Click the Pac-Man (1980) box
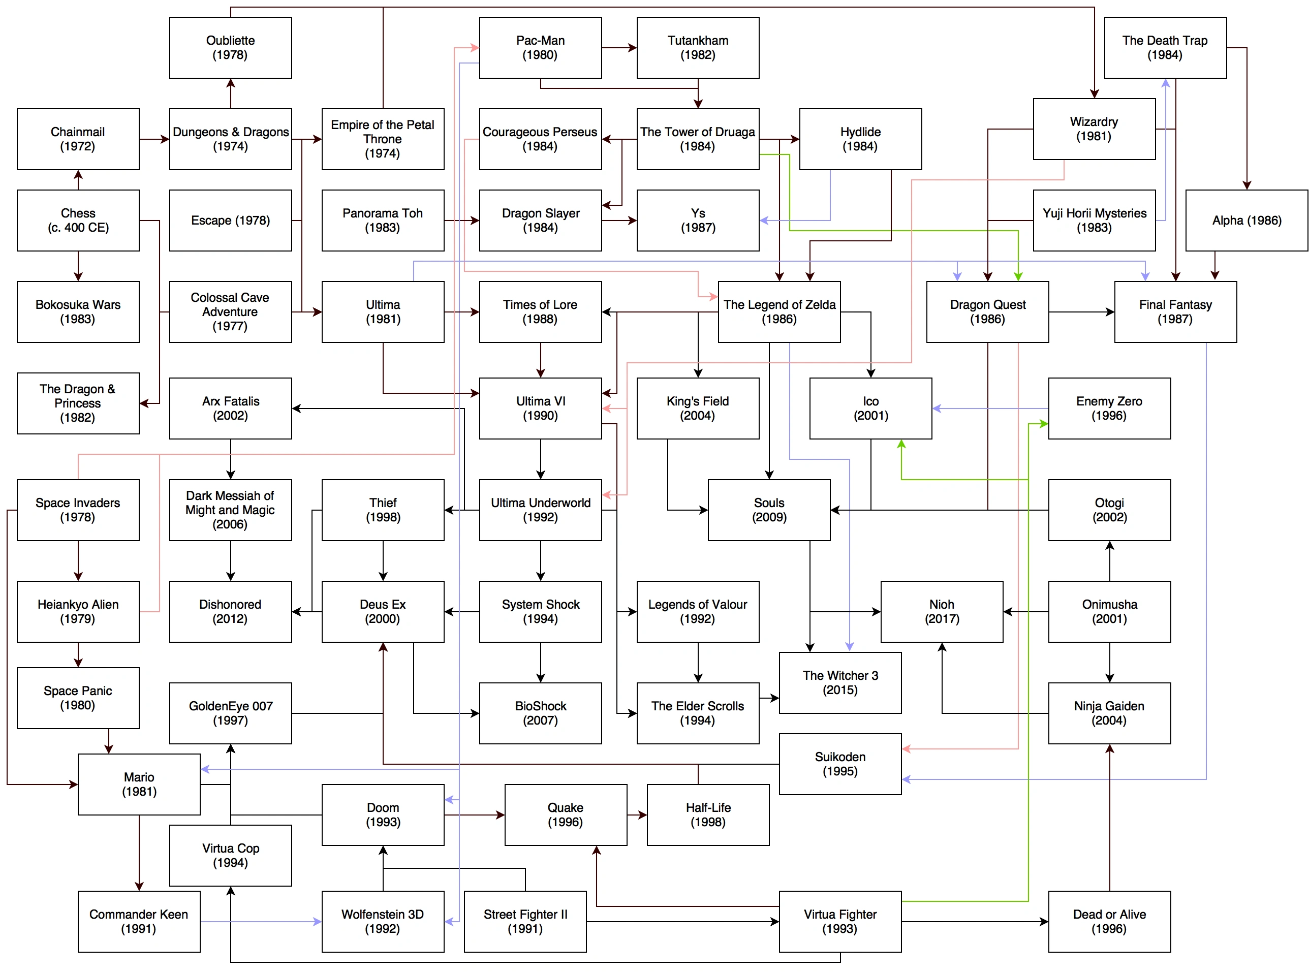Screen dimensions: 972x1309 540,48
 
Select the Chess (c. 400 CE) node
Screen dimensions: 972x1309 78,220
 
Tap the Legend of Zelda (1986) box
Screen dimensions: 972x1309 778,311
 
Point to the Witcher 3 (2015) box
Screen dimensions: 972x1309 839,682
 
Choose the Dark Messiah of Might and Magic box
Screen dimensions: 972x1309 230,510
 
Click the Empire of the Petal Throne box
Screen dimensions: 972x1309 383,139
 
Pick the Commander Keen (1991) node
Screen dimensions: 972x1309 139,921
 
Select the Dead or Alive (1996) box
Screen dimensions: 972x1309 1108,921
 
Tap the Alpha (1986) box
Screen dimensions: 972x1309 1246,220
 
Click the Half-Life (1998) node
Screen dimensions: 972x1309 707,814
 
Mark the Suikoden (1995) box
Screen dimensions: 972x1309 839,763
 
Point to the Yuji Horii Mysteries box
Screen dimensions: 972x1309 1094,220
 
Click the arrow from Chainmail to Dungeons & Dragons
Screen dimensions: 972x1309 154,139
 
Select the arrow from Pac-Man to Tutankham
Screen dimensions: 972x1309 619,48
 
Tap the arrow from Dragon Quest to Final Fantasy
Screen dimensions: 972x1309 1081,312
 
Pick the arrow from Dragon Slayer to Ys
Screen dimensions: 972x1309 619,221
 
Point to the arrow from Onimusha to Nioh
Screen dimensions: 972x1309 1025,612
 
